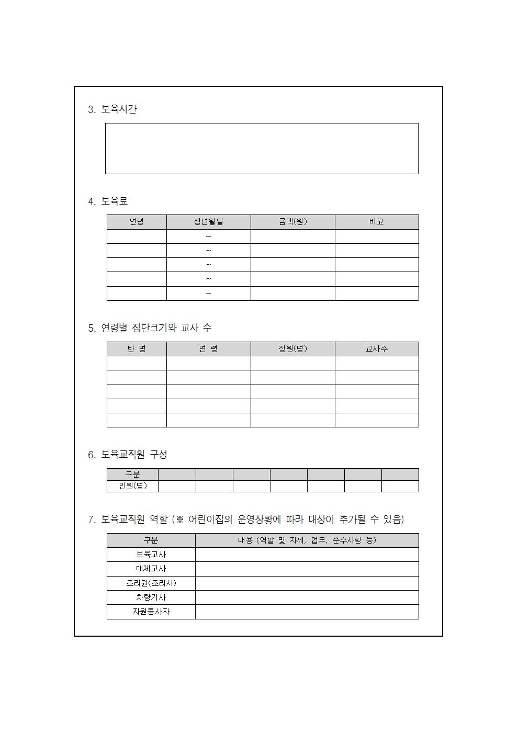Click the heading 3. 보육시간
[112, 109]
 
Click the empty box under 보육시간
[262, 149]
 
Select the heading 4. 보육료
[108, 201]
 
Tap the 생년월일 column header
[208, 222]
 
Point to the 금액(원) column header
[292, 222]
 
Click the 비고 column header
[377, 222]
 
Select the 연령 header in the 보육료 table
[137, 222]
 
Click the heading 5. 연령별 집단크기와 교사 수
[150, 328]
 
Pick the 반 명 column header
[137, 349]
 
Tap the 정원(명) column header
[292, 349]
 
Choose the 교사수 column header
[377, 349]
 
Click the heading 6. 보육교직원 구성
[128, 455]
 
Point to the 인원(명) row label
[132, 486]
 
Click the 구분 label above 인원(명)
[132, 475]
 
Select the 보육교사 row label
[151, 555]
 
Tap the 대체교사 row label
[151, 569]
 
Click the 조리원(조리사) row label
[151, 583]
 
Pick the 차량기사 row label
[151, 597]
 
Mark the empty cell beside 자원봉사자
[307, 612]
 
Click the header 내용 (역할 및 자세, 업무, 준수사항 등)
[307, 540]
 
